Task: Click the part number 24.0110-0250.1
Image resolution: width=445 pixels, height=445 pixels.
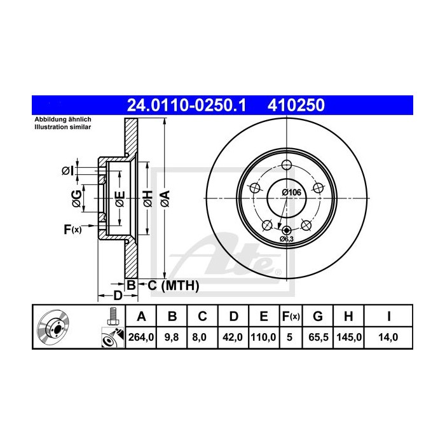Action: pos(186,106)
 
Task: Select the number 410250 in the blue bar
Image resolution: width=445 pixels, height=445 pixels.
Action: pos(296,106)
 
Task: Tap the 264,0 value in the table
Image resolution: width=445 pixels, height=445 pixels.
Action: pos(141,337)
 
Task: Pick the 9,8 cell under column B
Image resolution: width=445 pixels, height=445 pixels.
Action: pos(172,337)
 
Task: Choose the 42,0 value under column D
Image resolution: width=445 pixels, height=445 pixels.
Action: pos(233,337)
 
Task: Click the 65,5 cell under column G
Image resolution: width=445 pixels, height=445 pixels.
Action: pos(318,337)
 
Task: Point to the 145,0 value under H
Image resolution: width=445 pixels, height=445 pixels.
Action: pos(349,337)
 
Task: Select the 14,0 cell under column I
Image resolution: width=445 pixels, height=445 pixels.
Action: pos(388,337)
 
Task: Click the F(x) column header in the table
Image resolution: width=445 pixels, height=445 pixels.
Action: pos(291,316)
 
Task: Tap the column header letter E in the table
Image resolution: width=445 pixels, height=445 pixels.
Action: pos(264,316)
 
